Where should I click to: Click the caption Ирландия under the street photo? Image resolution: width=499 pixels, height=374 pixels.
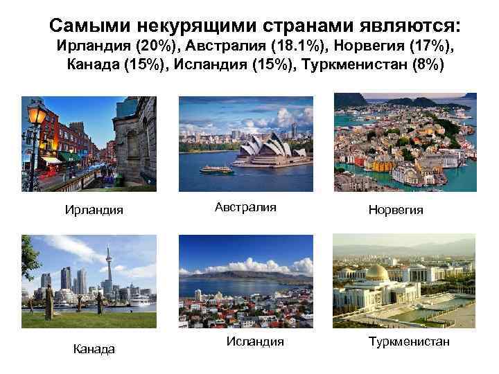coord(94,209)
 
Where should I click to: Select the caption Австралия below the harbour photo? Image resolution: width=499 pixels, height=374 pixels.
coord(245,207)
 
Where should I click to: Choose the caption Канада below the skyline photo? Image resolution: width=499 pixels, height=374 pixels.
coord(94,348)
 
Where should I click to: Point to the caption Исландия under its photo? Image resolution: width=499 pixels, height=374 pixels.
coord(255,341)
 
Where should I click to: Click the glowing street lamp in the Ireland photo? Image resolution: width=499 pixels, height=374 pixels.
coord(36,113)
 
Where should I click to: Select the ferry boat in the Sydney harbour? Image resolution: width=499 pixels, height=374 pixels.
coord(217,168)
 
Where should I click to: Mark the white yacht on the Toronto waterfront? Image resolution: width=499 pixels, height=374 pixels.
coord(139,300)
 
